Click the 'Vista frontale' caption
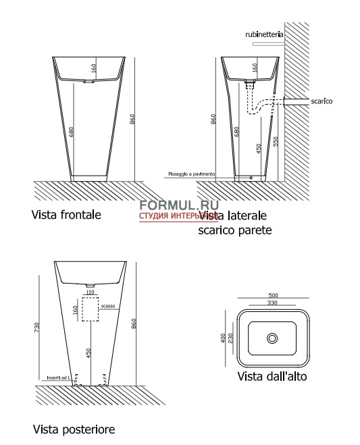(x=66, y=215)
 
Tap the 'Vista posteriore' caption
(x=74, y=429)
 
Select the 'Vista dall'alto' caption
(x=272, y=376)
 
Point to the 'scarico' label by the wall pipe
(x=322, y=101)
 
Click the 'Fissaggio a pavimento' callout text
(x=191, y=174)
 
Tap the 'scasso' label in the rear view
(x=109, y=306)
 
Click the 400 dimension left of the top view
(x=223, y=336)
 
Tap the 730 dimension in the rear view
(x=38, y=326)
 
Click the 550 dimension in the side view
(x=275, y=141)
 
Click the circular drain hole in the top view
(x=272, y=338)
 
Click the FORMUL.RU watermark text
(x=169, y=205)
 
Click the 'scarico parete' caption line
(x=234, y=230)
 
